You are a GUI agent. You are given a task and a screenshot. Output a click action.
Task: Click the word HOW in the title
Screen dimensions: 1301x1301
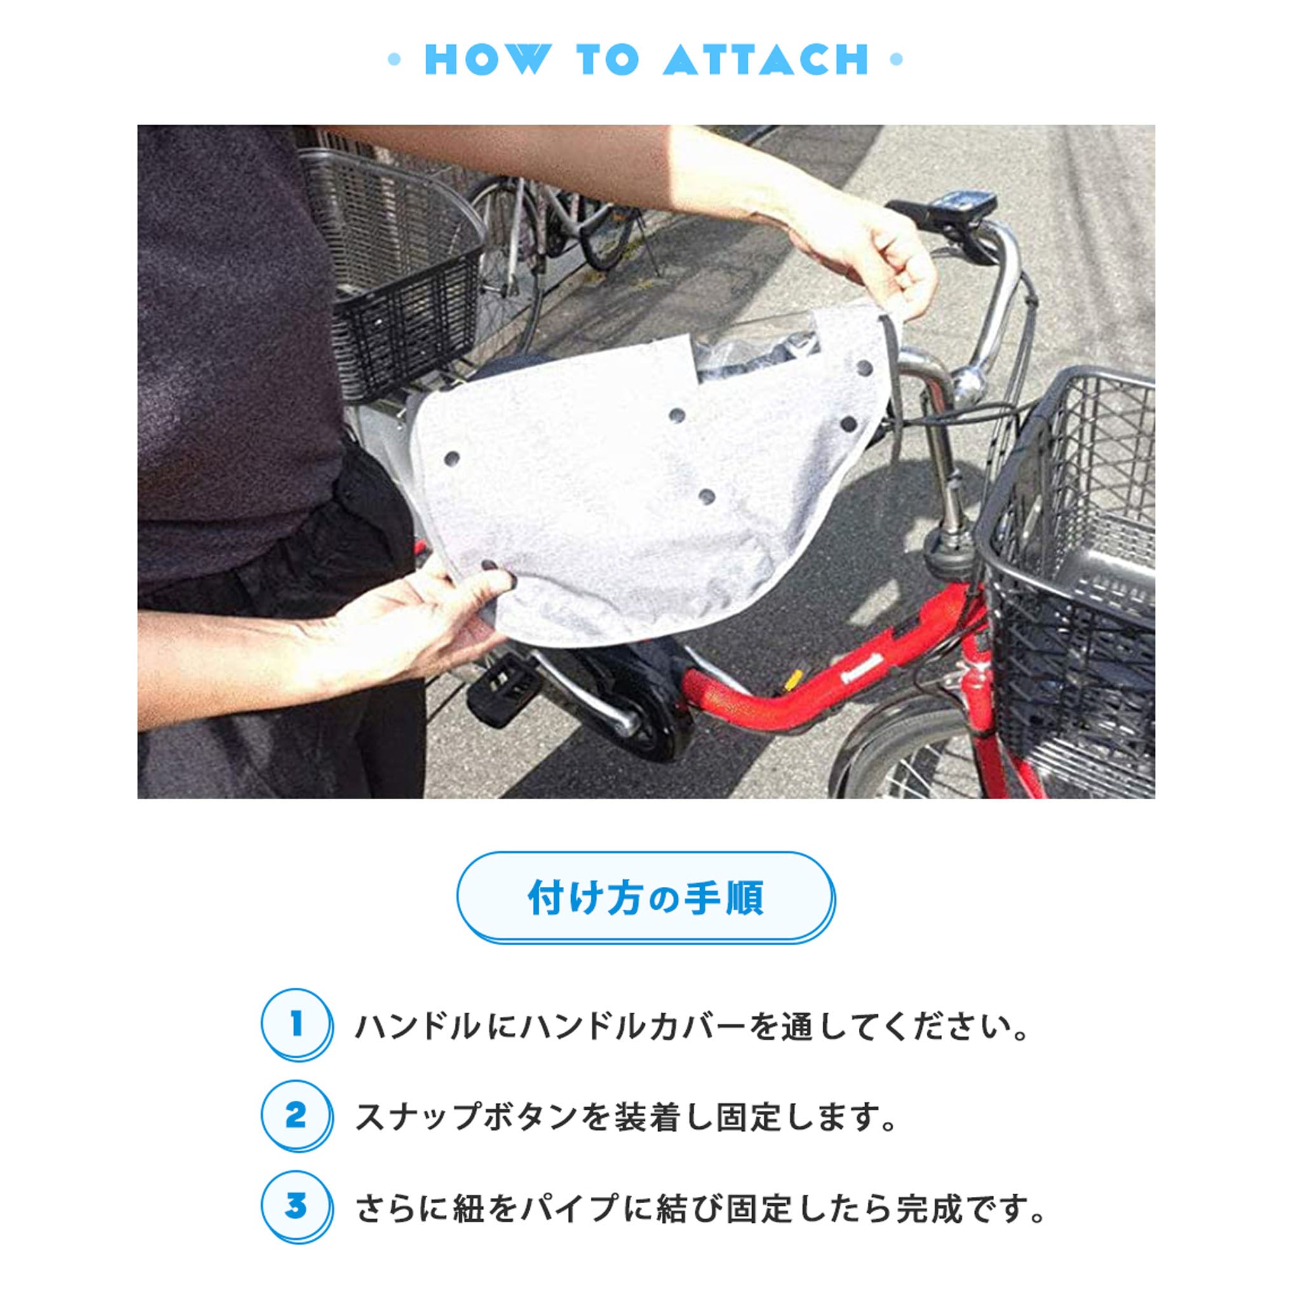tap(487, 59)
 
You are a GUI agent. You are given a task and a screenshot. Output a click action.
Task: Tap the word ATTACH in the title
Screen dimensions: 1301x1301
tap(766, 59)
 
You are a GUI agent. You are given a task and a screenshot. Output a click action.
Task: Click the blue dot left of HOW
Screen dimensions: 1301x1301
tap(394, 59)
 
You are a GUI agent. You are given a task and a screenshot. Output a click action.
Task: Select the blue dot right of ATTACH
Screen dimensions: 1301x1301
tap(896, 59)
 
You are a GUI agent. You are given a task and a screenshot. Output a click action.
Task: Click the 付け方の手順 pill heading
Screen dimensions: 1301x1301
tap(645, 898)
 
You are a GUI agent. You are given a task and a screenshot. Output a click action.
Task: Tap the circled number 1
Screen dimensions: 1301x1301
tap(295, 1024)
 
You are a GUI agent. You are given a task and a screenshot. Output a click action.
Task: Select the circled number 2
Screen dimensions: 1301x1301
tap(295, 1116)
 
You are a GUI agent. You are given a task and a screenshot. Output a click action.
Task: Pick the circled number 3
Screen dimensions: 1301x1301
tap(295, 1206)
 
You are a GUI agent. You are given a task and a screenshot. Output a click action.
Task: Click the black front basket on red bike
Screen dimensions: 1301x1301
tap(1070, 579)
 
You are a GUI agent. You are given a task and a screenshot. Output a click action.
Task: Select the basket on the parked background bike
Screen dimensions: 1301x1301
tap(397, 269)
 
